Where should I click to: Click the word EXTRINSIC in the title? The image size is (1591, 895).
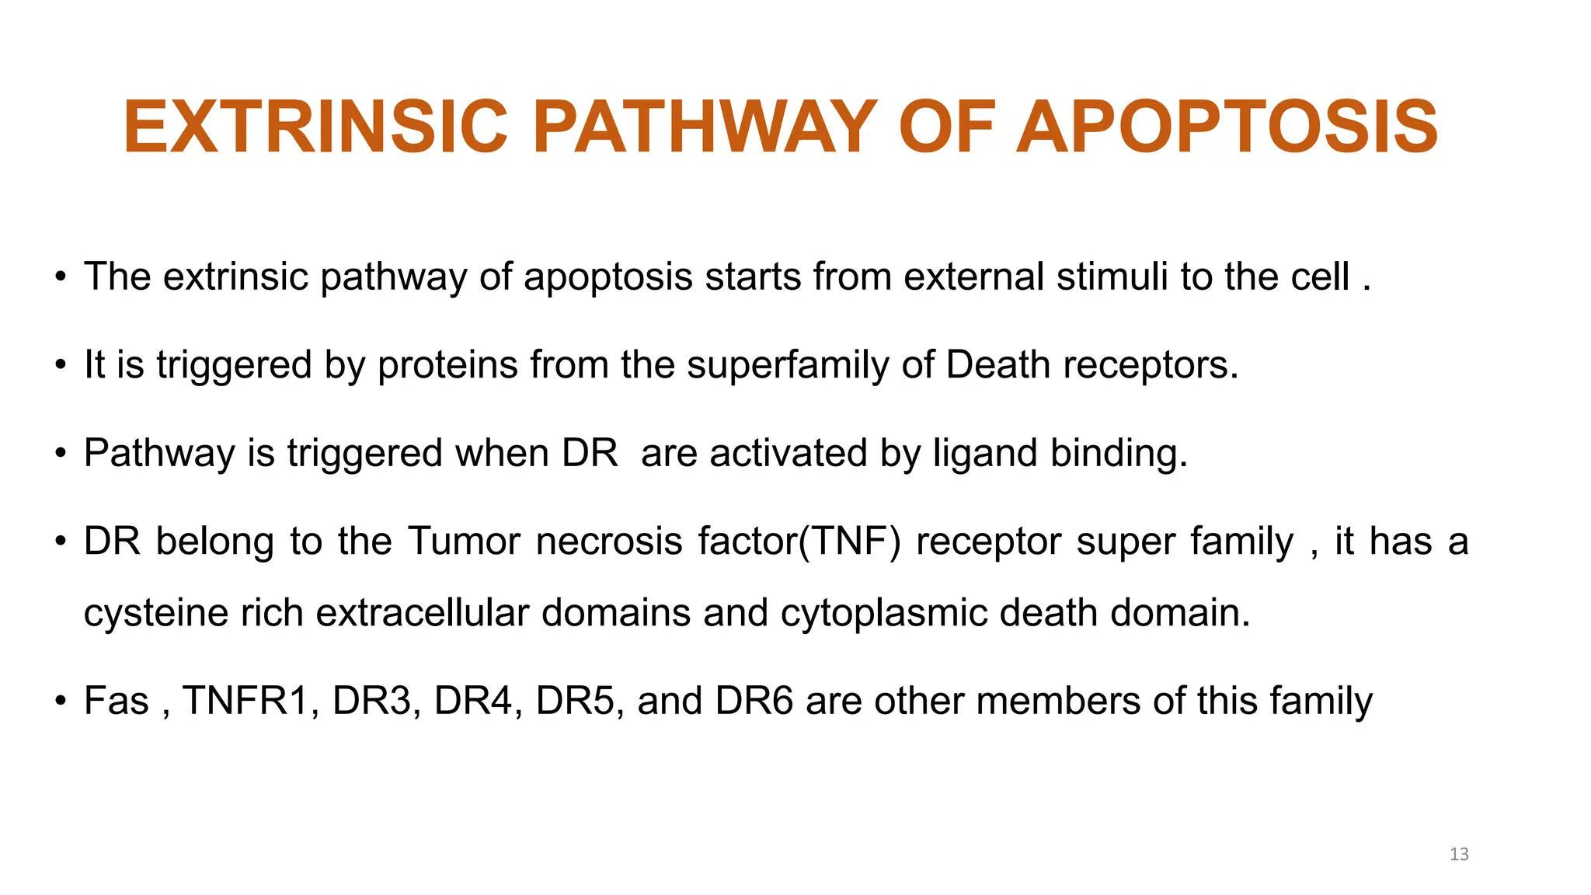tap(315, 127)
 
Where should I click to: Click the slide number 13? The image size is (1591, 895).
tap(1459, 855)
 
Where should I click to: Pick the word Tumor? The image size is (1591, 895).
tap(464, 542)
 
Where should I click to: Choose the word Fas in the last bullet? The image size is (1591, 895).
tap(116, 701)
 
